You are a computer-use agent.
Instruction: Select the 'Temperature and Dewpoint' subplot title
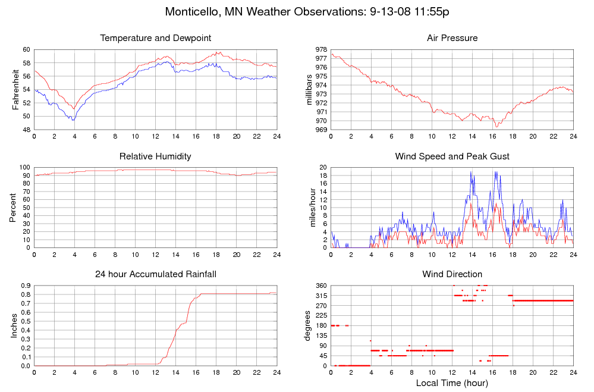point(156,38)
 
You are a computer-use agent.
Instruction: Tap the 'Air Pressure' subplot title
point(452,38)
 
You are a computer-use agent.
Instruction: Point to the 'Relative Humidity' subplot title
point(156,156)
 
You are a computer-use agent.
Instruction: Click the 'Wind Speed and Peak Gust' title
point(452,156)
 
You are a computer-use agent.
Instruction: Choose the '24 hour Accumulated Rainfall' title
point(156,274)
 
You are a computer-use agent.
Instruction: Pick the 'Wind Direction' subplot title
point(452,274)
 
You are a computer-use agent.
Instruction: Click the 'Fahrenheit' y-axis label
point(15,89)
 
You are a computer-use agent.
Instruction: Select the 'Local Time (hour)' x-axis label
point(452,383)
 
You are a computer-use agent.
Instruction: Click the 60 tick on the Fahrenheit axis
point(26,49)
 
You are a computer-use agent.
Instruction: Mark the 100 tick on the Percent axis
point(24,167)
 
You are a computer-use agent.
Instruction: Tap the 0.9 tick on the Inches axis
point(25,286)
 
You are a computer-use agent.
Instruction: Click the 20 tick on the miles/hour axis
point(323,167)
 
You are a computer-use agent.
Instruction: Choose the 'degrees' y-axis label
point(308,326)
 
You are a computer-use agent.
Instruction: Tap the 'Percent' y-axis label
point(14,208)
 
